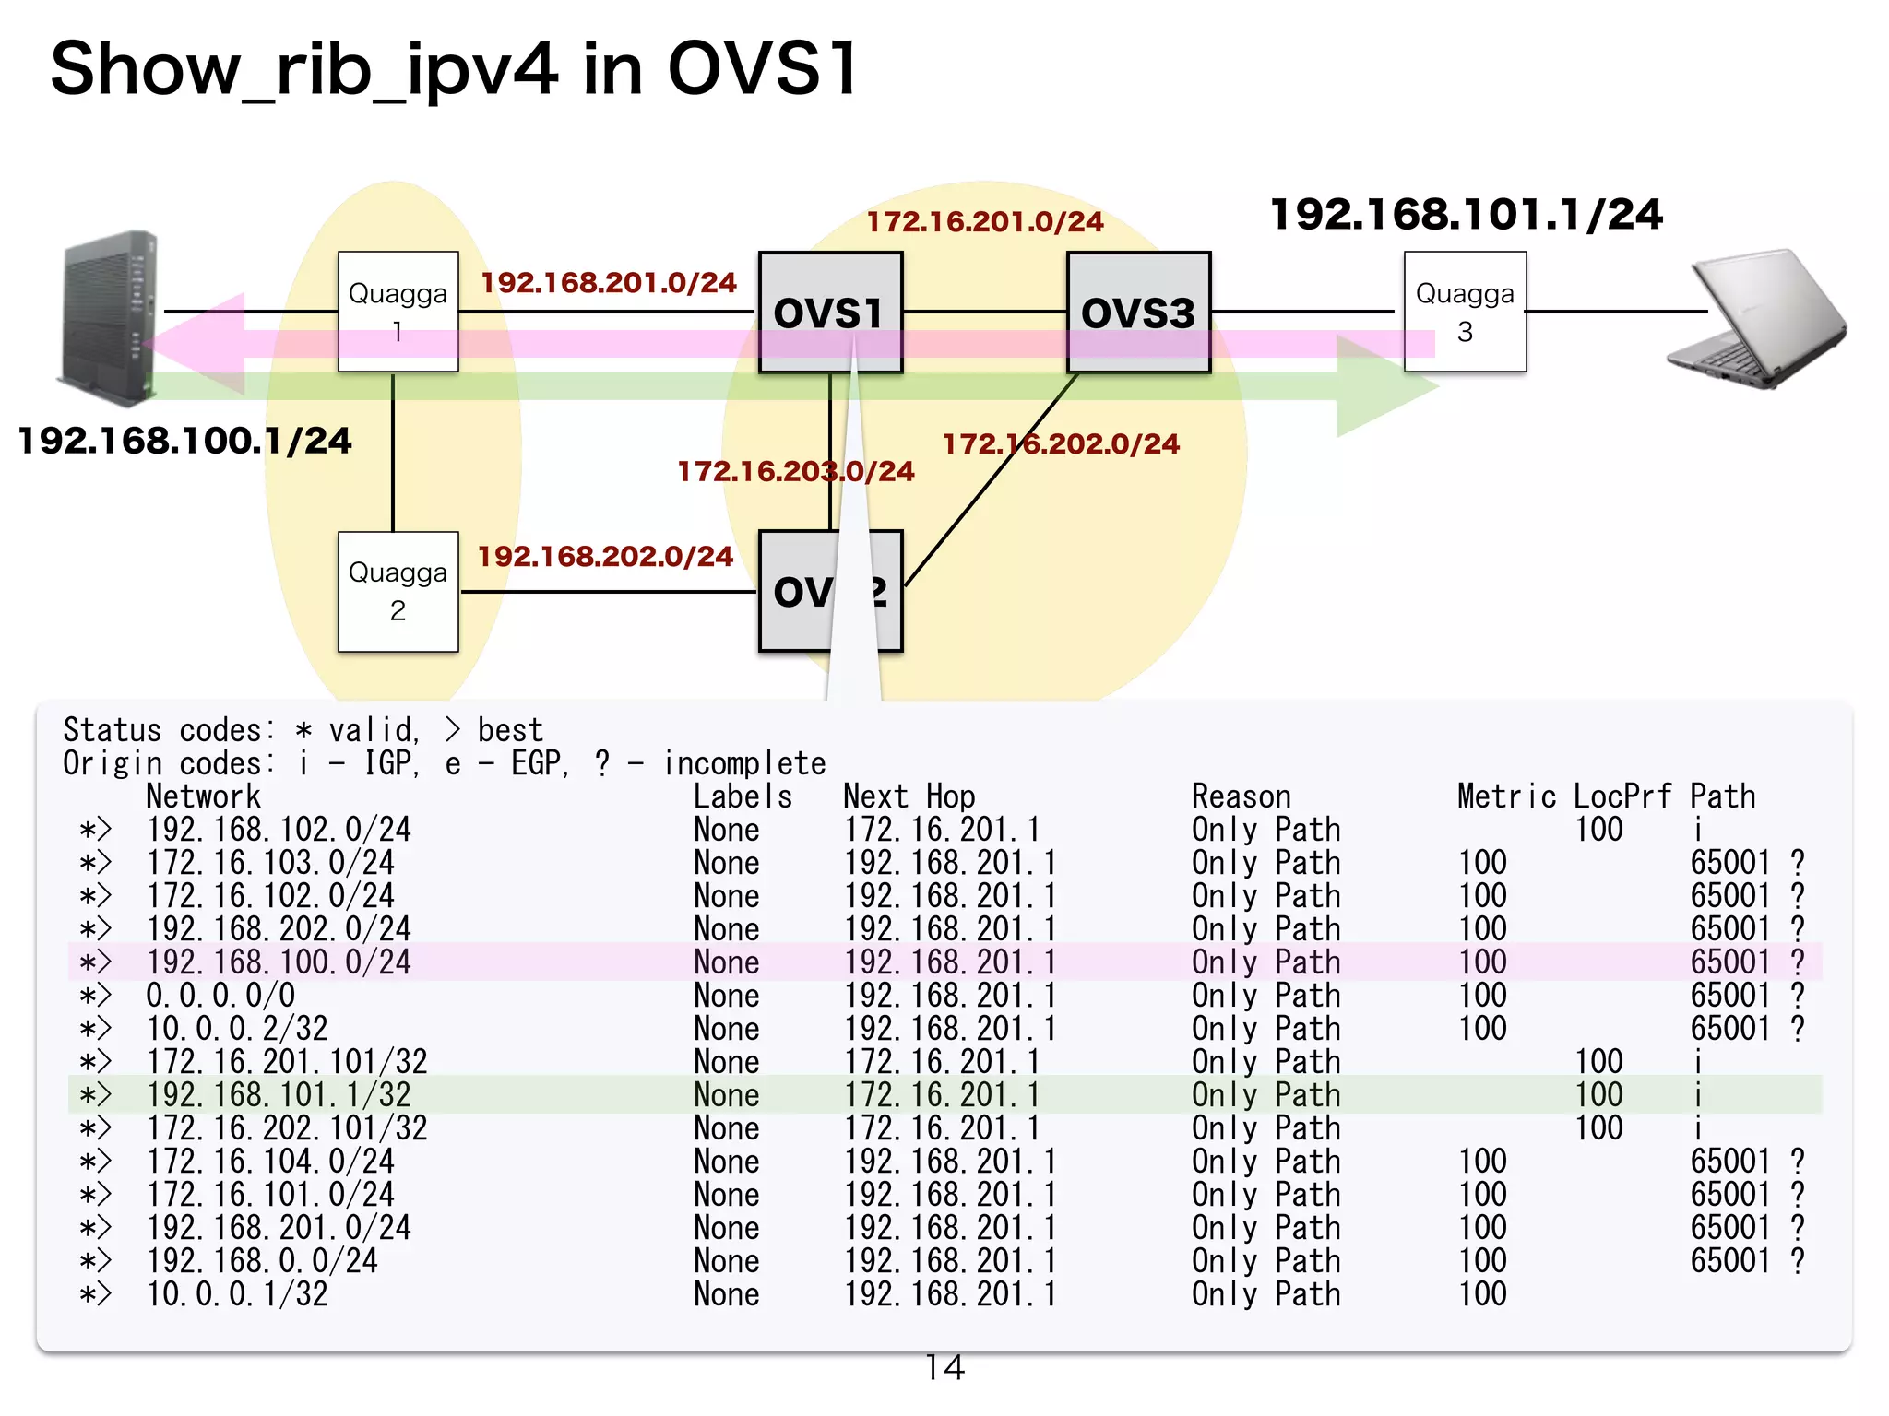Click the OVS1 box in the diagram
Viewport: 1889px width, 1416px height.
(829, 312)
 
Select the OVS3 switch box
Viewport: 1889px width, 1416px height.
(1138, 312)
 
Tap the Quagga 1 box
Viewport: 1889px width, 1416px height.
(398, 312)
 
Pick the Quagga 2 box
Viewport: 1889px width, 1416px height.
(398, 591)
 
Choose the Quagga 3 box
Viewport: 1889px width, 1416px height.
(1465, 312)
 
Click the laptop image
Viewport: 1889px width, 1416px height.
(1757, 318)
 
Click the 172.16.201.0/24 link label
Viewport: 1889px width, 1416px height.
(984, 222)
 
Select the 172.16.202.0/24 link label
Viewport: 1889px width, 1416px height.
(1061, 444)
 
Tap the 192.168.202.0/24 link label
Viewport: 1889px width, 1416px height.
(605, 557)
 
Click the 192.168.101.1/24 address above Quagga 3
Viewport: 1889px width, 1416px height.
(1466, 215)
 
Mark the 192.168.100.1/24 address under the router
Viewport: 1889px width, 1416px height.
(184, 441)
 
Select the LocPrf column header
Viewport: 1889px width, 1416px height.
(1622, 796)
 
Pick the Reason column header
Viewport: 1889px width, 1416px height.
(1241, 796)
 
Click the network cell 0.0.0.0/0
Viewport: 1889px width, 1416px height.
(220, 996)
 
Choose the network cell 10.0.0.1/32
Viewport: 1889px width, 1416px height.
(237, 1294)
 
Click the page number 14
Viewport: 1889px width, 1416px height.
(944, 1367)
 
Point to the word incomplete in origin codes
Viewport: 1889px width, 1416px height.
(744, 763)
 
